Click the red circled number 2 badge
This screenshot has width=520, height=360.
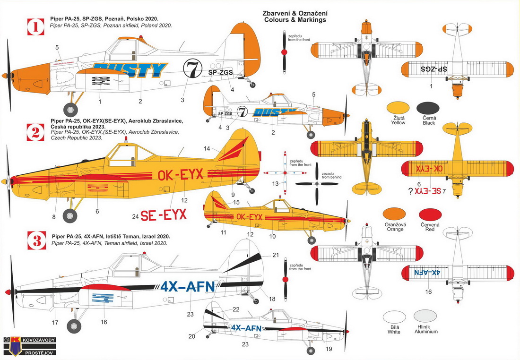point(35,131)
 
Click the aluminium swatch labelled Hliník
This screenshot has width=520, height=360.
point(425,317)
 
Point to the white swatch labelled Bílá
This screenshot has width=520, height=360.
point(394,317)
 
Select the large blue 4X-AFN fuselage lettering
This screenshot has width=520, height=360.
point(188,287)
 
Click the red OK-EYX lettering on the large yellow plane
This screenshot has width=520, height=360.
point(180,175)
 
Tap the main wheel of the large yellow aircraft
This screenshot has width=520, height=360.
point(70,216)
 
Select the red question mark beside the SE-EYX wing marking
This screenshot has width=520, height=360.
point(409,191)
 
